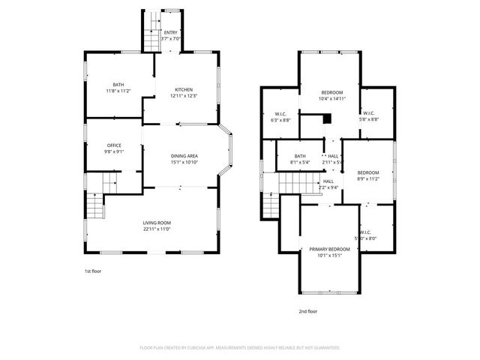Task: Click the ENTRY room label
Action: (171, 33)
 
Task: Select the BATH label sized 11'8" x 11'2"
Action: (118, 85)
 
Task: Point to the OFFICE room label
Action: (114, 145)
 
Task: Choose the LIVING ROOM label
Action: (157, 223)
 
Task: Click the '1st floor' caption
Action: (93, 271)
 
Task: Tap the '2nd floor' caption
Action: (307, 311)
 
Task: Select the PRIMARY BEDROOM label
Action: (330, 249)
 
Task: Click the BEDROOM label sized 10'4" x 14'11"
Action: (331, 92)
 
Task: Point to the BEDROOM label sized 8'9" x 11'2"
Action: (368, 172)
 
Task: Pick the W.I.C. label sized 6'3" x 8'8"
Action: (280, 115)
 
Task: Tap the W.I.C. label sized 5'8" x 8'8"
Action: (379, 113)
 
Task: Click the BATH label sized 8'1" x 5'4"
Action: (300, 156)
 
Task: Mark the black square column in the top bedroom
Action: (327, 118)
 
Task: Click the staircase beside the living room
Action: (94, 203)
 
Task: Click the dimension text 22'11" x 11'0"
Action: (157, 229)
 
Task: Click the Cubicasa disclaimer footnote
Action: (240, 348)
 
